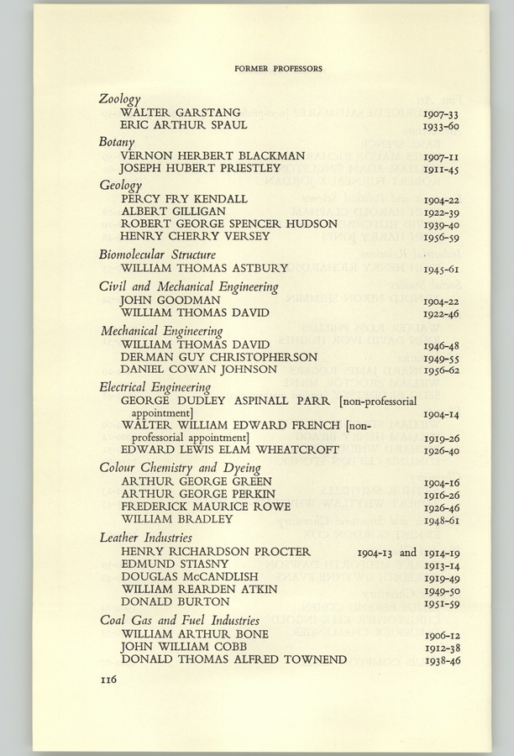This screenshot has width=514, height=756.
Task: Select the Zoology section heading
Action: (x=120, y=99)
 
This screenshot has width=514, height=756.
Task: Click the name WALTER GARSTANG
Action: (x=181, y=113)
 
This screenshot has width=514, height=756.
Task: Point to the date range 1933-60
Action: (x=439, y=127)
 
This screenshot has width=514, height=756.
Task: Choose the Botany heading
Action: (x=117, y=142)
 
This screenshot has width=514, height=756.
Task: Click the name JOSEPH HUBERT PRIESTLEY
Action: (x=200, y=169)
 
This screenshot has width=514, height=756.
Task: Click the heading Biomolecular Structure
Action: (x=157, y=255)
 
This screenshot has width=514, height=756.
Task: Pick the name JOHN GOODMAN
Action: (x=170, y=300)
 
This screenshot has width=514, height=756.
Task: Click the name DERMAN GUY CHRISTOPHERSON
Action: (x=218, y=357)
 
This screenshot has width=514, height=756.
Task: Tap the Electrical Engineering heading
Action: (x=155, y=387)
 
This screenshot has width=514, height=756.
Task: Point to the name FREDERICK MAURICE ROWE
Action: (x=206, y=507)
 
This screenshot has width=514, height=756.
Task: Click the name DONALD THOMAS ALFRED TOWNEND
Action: (x=233, y=659)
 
